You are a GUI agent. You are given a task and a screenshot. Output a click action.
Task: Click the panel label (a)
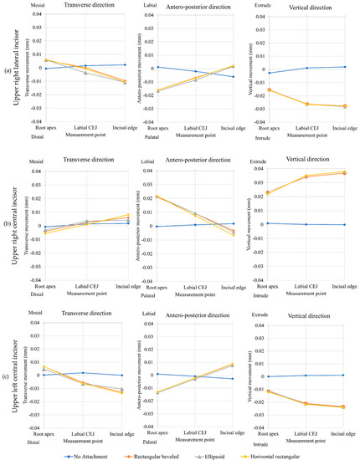point(8,70)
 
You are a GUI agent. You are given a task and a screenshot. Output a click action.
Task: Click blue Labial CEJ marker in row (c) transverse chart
point(84,372)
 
